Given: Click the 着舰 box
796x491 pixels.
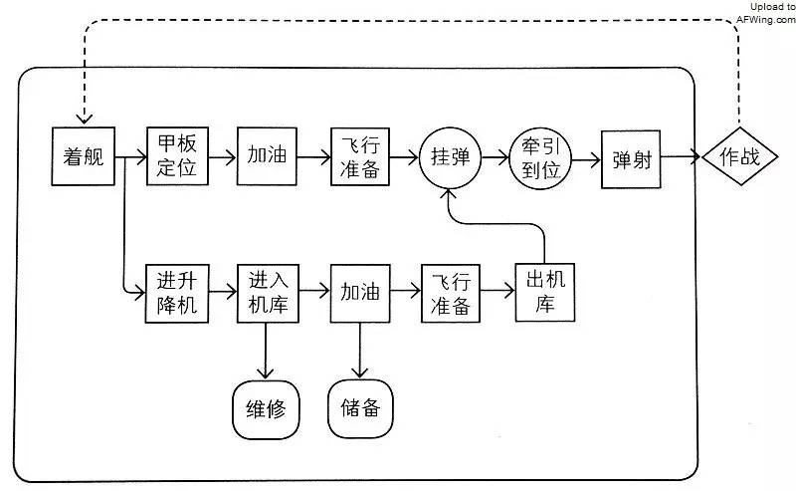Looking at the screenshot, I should (x=84, y=156).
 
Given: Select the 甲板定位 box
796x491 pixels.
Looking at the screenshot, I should (x=176, y=156).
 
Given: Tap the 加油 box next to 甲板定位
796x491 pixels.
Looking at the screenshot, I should (x=267, y=156).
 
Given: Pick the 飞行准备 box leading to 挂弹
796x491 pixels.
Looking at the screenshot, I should (x=359, y=156).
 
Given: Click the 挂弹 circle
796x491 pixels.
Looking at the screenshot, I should (x=450, y=157).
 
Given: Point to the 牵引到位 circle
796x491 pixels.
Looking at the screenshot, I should (x=540, y=157).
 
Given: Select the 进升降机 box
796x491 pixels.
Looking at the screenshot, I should (x=176, y=292).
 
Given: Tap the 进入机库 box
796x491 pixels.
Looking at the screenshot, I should (x=267, y=292).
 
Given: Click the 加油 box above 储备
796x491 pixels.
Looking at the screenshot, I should (x=359, y=292).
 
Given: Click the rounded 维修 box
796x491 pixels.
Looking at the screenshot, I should (x=266, y=408).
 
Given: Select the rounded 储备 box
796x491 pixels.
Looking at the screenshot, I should (x=359, y=408).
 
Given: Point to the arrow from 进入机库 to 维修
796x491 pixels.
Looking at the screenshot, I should (x=266, y=350).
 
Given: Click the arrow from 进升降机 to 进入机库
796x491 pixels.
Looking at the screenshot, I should (x=221, y=292).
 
